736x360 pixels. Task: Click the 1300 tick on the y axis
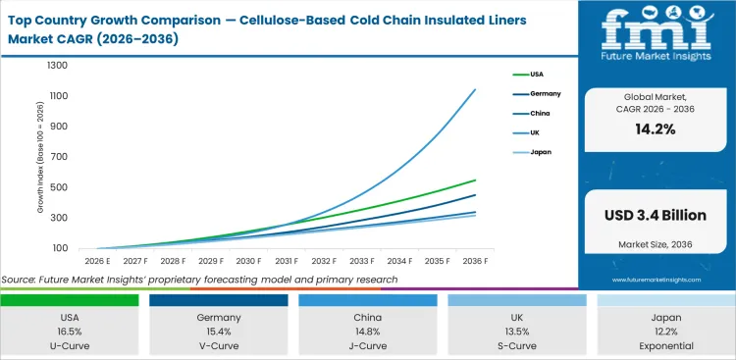coord(57,66)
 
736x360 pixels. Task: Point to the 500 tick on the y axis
coord(58,187)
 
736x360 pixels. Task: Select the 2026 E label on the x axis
coord(98,262)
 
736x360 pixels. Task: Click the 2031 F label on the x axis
coord(286,262)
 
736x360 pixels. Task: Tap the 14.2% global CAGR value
coord(655,129)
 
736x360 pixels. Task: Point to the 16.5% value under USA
coord(70,332)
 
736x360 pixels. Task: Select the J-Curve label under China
coord(368,346)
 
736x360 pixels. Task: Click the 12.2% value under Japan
coord(665,332)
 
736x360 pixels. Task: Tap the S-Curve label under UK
coord(516,346)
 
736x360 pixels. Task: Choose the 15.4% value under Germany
coord(218,332)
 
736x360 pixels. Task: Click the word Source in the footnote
coord(20,280)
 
